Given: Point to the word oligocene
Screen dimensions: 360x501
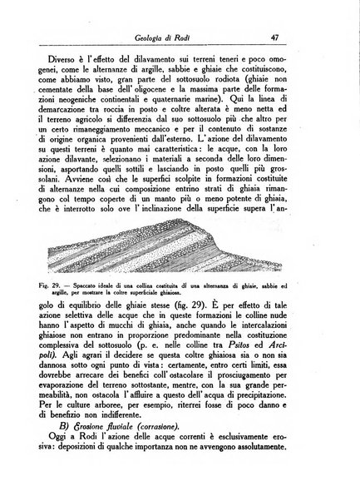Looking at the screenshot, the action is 205,97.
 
